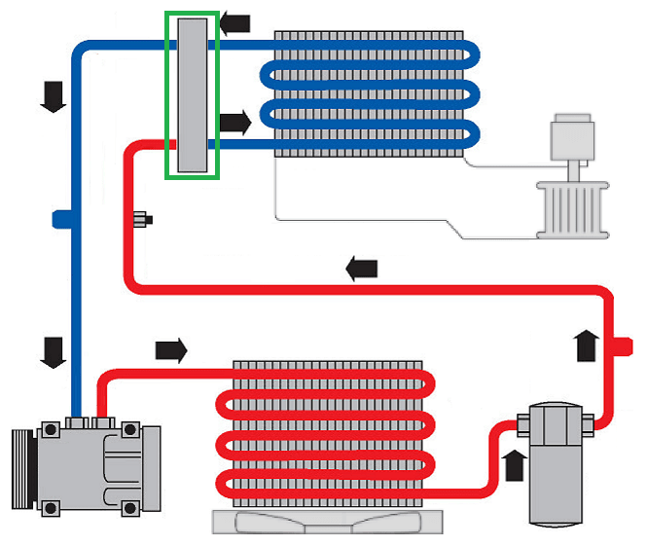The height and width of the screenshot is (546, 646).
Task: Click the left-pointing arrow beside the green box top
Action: pos(235,22)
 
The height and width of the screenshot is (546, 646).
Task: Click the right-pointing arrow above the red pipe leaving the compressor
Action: pos(170,349)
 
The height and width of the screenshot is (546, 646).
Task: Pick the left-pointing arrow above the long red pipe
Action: pos(361,270)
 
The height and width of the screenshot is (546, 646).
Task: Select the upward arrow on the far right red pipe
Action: pos(585,345)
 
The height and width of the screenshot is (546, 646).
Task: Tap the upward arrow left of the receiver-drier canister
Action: pos(513,463)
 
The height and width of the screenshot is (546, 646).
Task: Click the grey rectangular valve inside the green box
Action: pos(192,94)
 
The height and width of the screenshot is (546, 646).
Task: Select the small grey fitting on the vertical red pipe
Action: pos(142,219)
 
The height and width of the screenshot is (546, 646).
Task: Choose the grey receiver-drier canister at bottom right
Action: pos(557,466)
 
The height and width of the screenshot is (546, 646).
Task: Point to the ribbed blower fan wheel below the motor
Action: pos(571,208)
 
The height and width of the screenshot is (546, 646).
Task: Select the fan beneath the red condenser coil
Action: pos(321,522)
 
